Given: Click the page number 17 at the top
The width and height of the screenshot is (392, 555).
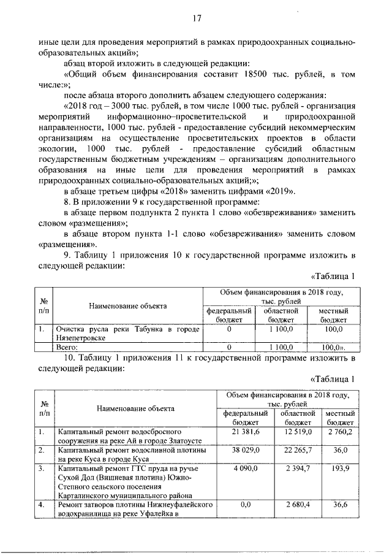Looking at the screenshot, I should click(197, 18).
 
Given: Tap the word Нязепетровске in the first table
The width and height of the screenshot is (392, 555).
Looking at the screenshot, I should click(82, 338).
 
